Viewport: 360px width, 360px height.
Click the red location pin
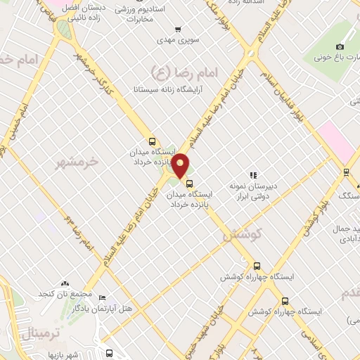(181, 166)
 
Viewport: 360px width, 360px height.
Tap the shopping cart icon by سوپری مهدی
(178, 30)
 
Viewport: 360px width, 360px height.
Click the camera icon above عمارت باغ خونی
(341, 46)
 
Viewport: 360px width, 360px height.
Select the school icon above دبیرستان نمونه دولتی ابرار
(253, 174)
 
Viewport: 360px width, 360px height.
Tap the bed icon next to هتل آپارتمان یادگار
(103, 298)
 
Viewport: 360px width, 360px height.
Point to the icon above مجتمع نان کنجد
(65, 283)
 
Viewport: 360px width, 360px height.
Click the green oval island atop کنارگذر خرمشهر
(65, 30)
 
